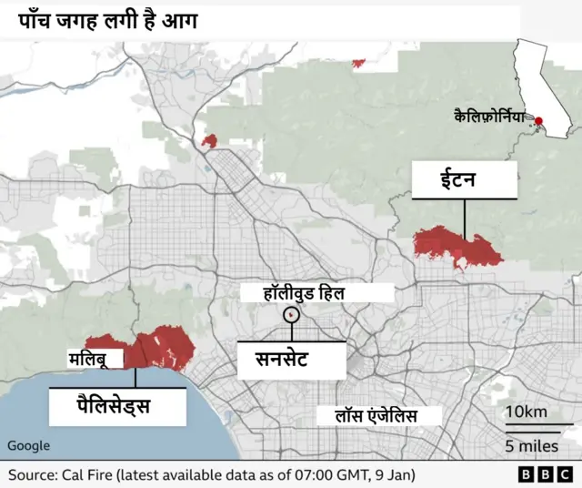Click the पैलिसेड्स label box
[x=113, y=406]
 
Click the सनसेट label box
[x=291, y=359]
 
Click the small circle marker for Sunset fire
[x=292, y=314]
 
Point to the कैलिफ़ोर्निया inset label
[x=490, y=116]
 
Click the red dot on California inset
[x=539, y=121]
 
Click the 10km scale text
[x=526, y=412]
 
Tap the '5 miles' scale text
[x=532, y=446]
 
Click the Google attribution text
[x=28, y=445]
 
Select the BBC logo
[x=540, y=475]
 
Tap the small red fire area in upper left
[x=211, y=141]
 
